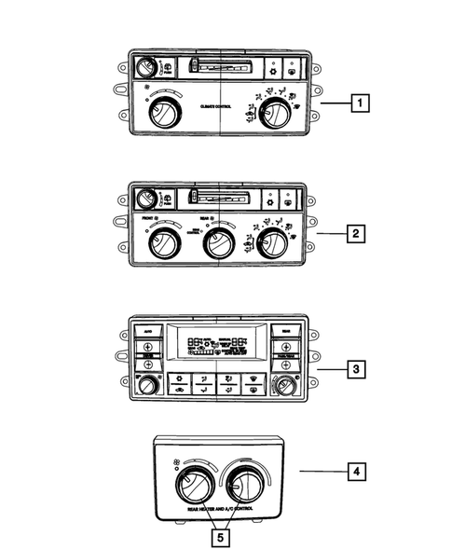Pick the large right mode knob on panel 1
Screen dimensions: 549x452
(x=274, y=115)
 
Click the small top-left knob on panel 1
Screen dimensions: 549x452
(x=145, y=68)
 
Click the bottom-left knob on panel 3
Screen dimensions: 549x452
(x=145, y=387)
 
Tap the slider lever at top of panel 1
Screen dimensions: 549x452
(x=193, y=66)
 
